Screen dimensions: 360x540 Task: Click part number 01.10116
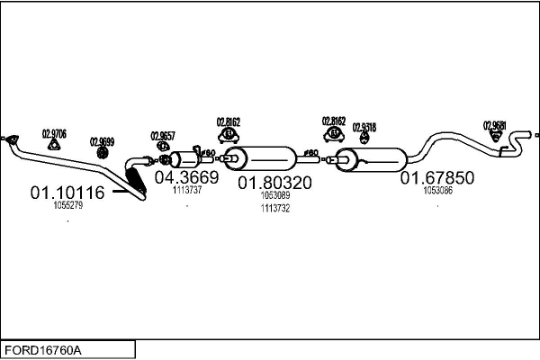(67, 193)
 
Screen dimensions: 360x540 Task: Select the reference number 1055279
(68, 206)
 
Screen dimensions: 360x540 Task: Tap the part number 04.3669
(187, 177)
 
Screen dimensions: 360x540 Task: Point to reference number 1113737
(187, 190)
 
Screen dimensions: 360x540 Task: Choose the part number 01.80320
(274, 183)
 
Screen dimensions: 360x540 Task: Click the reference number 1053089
(274, 195)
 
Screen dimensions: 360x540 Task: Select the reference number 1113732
(274, 208)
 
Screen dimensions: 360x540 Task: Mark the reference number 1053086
(437, 191)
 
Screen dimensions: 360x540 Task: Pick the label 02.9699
(102, 141)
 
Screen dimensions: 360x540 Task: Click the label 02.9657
(162, 136)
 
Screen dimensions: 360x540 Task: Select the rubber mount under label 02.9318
(364, 139)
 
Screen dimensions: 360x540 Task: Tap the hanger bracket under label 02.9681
(495, 138)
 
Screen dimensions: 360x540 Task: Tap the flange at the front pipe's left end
(11, 138)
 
